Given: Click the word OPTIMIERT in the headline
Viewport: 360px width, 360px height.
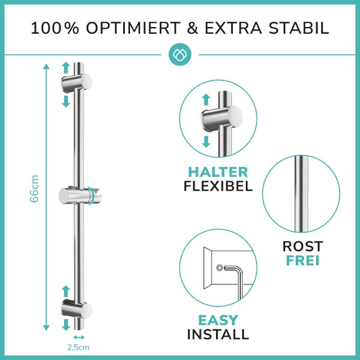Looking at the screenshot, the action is coord(133,28).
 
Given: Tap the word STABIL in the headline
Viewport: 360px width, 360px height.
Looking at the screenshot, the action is coord(299,28).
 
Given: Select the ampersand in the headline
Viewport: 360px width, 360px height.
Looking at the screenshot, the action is coord(193,28).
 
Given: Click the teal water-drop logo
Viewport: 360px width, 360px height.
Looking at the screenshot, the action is coord(180,55).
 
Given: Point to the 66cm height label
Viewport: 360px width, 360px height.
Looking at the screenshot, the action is coord(34,189).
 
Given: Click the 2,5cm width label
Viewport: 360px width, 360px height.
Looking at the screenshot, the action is coord(78,347).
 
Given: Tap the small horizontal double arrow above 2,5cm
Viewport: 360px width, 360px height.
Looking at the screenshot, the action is coord(79,337).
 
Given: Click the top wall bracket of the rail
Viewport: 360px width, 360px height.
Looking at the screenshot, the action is coord(77,82).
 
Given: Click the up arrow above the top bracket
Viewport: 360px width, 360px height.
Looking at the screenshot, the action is coord(66,68).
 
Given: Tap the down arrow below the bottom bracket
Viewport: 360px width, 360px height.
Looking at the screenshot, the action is coord(66,325).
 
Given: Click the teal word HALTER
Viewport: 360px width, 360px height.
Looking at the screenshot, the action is coord(218,172).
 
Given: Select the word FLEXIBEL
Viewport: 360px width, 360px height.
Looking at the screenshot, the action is coord(218,186).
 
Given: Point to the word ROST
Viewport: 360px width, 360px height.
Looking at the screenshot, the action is coord(302,247).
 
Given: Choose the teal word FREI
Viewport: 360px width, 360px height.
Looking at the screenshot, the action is coord(302,260).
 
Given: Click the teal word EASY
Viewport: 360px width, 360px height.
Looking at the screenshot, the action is coord(218,320).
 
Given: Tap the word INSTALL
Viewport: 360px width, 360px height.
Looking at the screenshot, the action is coord(218,334).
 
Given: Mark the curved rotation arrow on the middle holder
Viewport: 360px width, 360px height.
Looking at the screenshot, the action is coord(91,196).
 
